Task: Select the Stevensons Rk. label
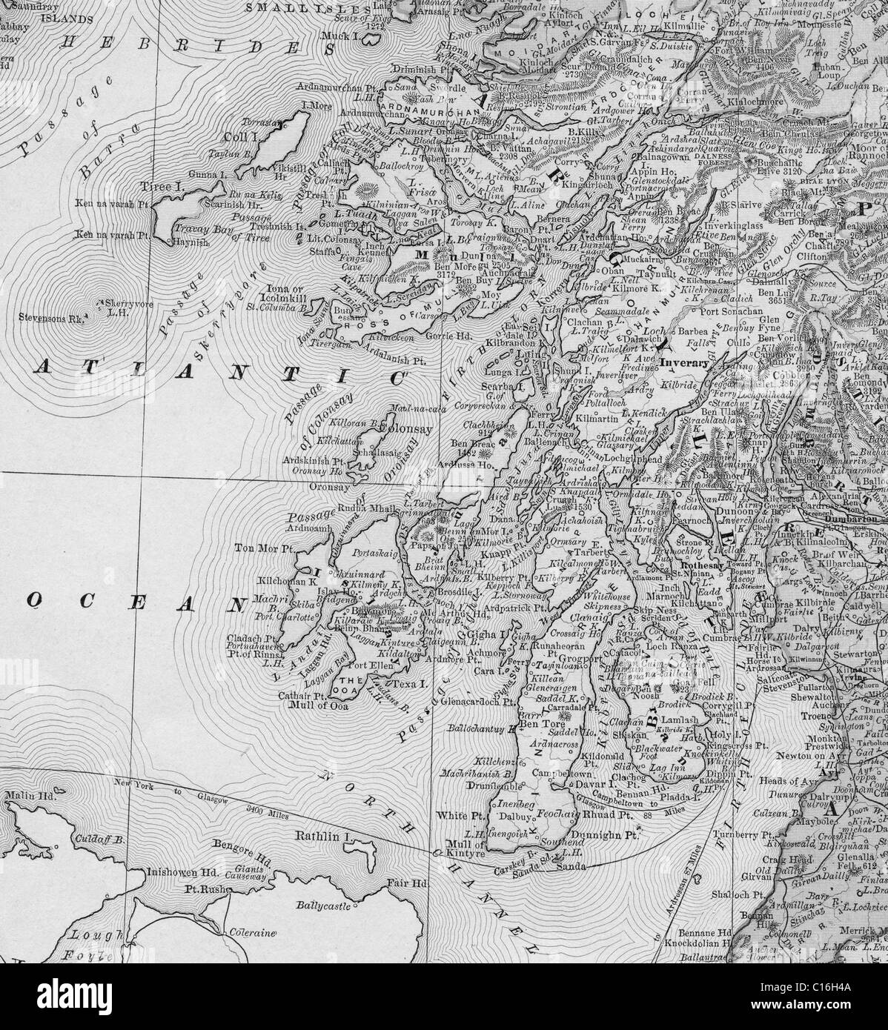coord(50,319)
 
